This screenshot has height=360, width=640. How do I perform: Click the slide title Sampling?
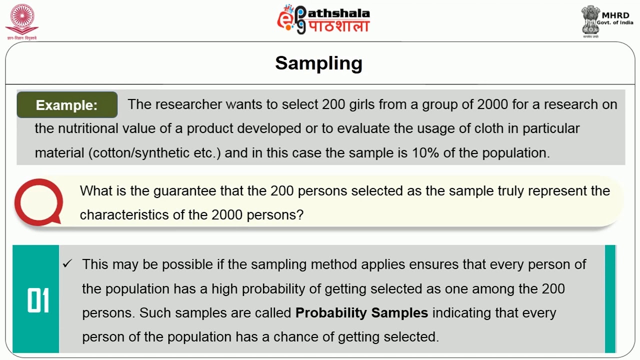pyautogui.click(x=318, y=63)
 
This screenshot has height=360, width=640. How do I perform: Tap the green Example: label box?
pyautogui.click(x=67, y=105)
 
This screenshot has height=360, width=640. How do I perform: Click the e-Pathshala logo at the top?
pyautogui.click(x=323, y=19)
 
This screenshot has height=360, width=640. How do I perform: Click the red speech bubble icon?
pyautogui.click(x=38, y=202)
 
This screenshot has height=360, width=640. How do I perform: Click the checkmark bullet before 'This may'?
pyautogui.click(x=67, y=264)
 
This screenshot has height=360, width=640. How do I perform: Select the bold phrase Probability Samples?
pyautogui.click(x=361, y=313)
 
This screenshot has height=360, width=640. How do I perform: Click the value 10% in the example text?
pyautogui.click(x=425, y=153)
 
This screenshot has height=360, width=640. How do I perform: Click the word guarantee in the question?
pyautogui.click(x=183, y=191)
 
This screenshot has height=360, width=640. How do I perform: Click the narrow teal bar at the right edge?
pyautogui.click(x=610, y=299)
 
